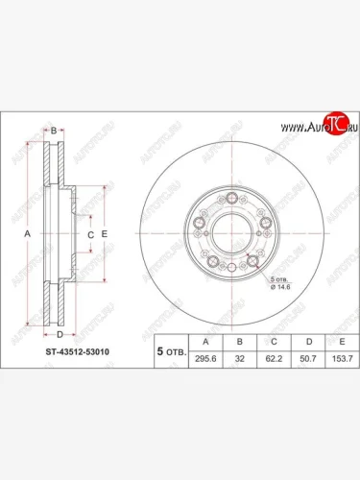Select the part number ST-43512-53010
click(x=76, y=352)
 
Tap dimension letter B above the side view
click(x=55, y=127)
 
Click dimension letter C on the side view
click(x=88, y=233)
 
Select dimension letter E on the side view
click(x=105, y=233)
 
